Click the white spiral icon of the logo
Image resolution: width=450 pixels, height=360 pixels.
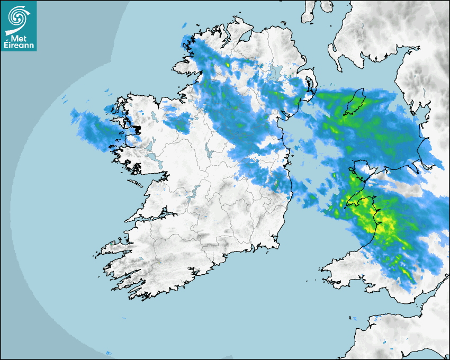tap(19, 19)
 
